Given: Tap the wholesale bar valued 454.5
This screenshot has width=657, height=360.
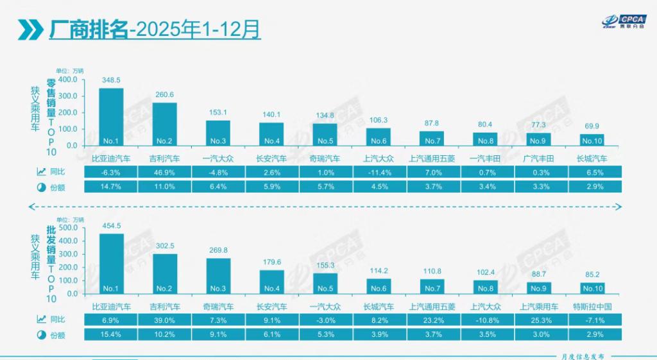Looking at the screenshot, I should click(x=111, y=263).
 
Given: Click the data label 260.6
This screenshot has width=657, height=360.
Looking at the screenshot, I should click(x=165, y=95).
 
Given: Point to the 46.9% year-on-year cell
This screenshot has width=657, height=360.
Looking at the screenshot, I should click(x=165, y=172).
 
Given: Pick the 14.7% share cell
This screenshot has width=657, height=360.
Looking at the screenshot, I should click(x=111, y=187).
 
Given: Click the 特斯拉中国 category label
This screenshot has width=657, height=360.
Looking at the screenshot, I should click(x=592, y=307).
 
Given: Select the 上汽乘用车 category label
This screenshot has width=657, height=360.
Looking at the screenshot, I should click(x=539, y=307).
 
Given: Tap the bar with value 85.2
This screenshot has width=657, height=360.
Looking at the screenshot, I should click(x=592, y=287).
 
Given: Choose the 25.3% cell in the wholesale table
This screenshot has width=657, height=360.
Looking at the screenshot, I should click(x=539, y=320).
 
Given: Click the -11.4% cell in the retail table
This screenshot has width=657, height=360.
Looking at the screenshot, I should click(x=379, y=172).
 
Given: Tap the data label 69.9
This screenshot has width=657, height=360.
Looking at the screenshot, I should click(x=592, y=126).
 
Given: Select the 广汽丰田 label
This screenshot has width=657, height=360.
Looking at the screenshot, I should click(x=539, y=158).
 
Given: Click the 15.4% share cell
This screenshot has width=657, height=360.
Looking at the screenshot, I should click(x=111, y=334).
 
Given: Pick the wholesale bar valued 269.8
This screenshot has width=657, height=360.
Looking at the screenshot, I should click(x=218, y=276).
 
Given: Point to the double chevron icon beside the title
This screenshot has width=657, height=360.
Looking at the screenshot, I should click(x=30, y=30).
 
